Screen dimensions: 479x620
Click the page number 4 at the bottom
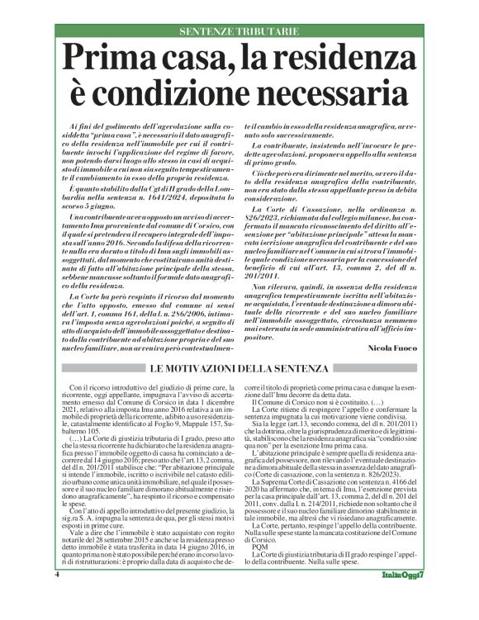(x=58, y=596)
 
